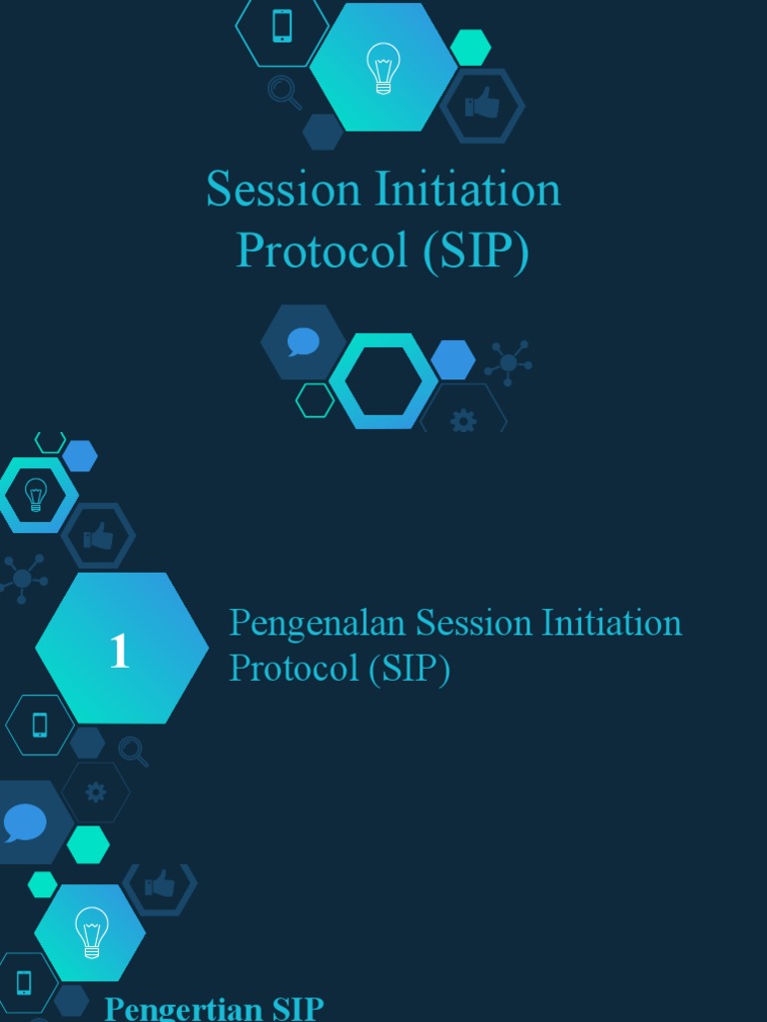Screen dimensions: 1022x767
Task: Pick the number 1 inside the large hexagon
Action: pos(120,651)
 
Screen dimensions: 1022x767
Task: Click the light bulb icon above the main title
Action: pos(383,68)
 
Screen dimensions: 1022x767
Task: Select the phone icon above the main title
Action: pos(282,26)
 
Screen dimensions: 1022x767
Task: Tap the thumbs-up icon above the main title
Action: pos(483,103)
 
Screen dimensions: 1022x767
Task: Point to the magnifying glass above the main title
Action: pos(284,93)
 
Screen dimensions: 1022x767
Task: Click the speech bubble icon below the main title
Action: pos(303,342)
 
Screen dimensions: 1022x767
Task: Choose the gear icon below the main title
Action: pos(462,421)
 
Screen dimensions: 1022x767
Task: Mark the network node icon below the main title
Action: pos(508,363)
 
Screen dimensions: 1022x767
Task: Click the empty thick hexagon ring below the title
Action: pos(383,381)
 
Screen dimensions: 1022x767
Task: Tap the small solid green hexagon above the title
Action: pos(470,47)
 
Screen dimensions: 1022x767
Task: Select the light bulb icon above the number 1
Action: pos(36,494)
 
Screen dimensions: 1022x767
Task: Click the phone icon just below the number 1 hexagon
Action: pos(40,725)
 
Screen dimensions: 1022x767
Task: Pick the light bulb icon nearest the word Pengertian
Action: pos(91,932)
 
